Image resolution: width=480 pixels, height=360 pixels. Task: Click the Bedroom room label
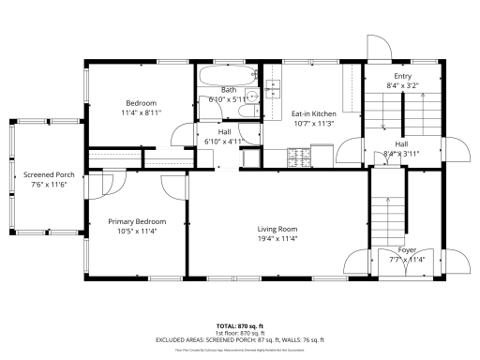click(x=142, y=102)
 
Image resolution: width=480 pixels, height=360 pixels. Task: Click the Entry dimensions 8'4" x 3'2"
click(x=402, y=85)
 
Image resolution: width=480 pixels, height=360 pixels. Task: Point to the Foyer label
click(x=407, y=250)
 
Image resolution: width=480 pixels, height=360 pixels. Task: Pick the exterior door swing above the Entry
click(x=376, y=50)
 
